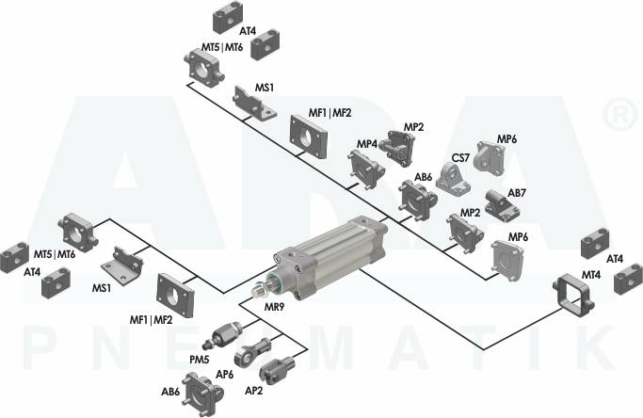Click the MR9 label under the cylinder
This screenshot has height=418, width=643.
(274, 306)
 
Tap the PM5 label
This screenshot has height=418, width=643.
(200, 360)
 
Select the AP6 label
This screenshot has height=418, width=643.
(224, 374)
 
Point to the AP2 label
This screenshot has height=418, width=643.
(253, 391)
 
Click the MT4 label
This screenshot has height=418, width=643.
(591, 275)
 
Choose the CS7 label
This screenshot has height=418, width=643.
(460, 157)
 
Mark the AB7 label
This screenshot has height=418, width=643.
(517, 192)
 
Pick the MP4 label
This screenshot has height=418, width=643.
(366, 144)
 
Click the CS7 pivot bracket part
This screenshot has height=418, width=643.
(453, 178)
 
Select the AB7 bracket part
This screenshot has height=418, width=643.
(501, 205)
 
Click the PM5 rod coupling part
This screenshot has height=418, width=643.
(222, 334)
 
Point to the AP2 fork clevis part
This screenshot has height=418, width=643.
(277, 368)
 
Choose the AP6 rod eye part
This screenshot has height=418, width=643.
(251, 351)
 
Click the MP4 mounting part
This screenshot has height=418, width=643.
(366, 169)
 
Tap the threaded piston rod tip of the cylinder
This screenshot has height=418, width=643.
(258, 290)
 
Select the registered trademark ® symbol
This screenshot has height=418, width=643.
(620, 115)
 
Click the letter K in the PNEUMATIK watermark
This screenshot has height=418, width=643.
(599, 347)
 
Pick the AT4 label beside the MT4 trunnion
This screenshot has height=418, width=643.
(615, 259)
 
